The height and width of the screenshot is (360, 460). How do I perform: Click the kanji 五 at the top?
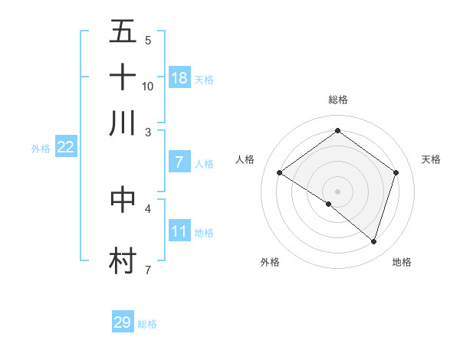(123, 32)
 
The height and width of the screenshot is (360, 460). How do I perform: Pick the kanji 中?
(123, 198)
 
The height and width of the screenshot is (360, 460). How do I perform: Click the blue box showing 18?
(179, 77)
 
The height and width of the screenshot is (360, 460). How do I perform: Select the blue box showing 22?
(65, 148)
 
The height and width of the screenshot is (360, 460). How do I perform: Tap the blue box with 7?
(179, 162)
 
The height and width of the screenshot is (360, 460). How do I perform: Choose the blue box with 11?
(179, 231)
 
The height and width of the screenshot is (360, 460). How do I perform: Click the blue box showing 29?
(123, 322)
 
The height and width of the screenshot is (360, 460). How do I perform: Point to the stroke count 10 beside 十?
(148, 86)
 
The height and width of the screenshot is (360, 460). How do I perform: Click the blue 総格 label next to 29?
(147, 324)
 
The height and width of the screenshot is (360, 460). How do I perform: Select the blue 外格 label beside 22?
(40, 149)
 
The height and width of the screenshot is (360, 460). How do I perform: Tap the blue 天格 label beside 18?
(203, 79)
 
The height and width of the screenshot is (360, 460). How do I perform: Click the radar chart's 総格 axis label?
(337, 100)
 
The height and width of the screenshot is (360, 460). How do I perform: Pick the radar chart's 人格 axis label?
(245, 159)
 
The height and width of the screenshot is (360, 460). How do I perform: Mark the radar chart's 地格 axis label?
(402, 262)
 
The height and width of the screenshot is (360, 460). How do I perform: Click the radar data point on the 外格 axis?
(329, 204)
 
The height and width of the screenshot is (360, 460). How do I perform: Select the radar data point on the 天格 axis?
(396, 173)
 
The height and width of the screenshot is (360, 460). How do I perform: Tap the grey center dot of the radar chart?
(337, 191)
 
